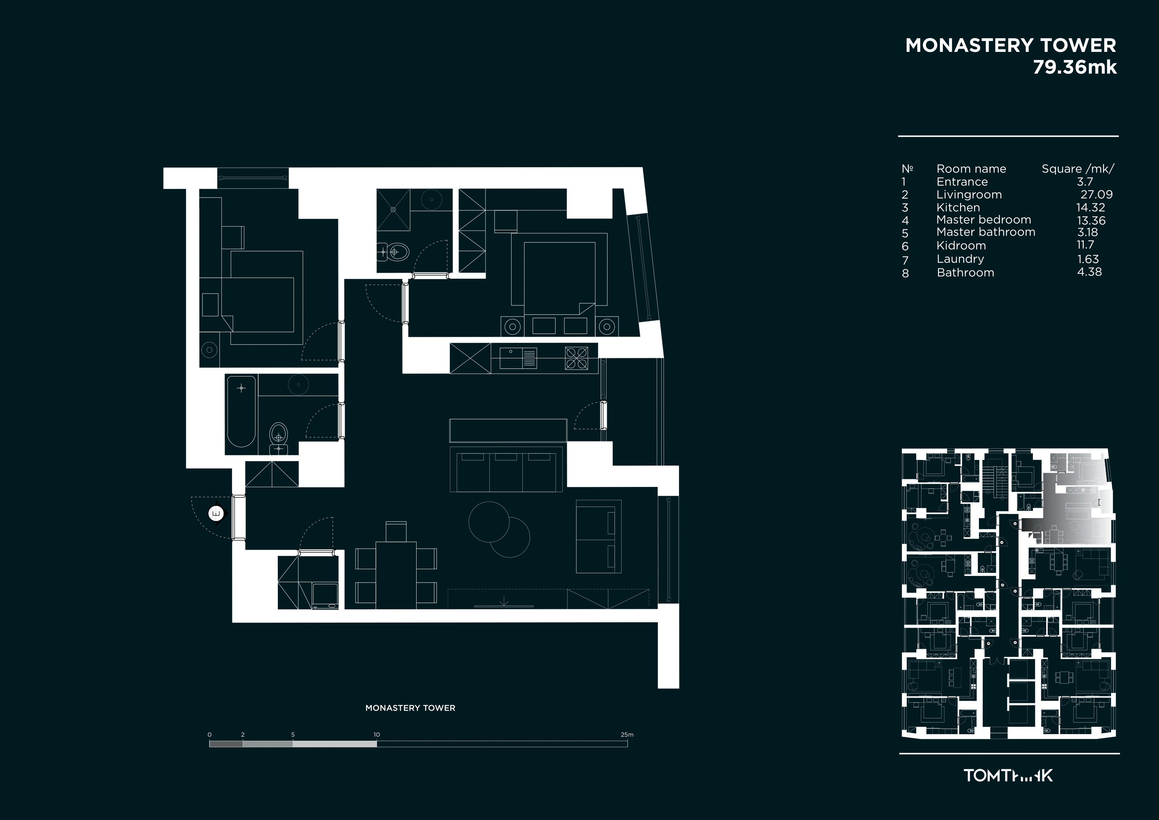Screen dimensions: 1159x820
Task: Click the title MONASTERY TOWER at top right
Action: [1010, 46]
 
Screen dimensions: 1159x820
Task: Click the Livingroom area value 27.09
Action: [1096, 195]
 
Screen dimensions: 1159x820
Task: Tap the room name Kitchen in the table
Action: [958, 208]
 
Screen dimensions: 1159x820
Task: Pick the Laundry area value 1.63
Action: [1088, 259]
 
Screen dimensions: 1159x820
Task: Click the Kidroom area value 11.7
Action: [1085, 245]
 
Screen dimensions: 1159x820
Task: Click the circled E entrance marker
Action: [216, 514]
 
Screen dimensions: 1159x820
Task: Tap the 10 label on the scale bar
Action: [377, 734]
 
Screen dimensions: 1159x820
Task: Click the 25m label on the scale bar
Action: [627, 734]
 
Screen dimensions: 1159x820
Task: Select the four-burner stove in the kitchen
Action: [576, 358]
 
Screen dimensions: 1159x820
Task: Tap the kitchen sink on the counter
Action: [518, 358]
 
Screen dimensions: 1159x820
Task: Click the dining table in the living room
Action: [396, 575]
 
